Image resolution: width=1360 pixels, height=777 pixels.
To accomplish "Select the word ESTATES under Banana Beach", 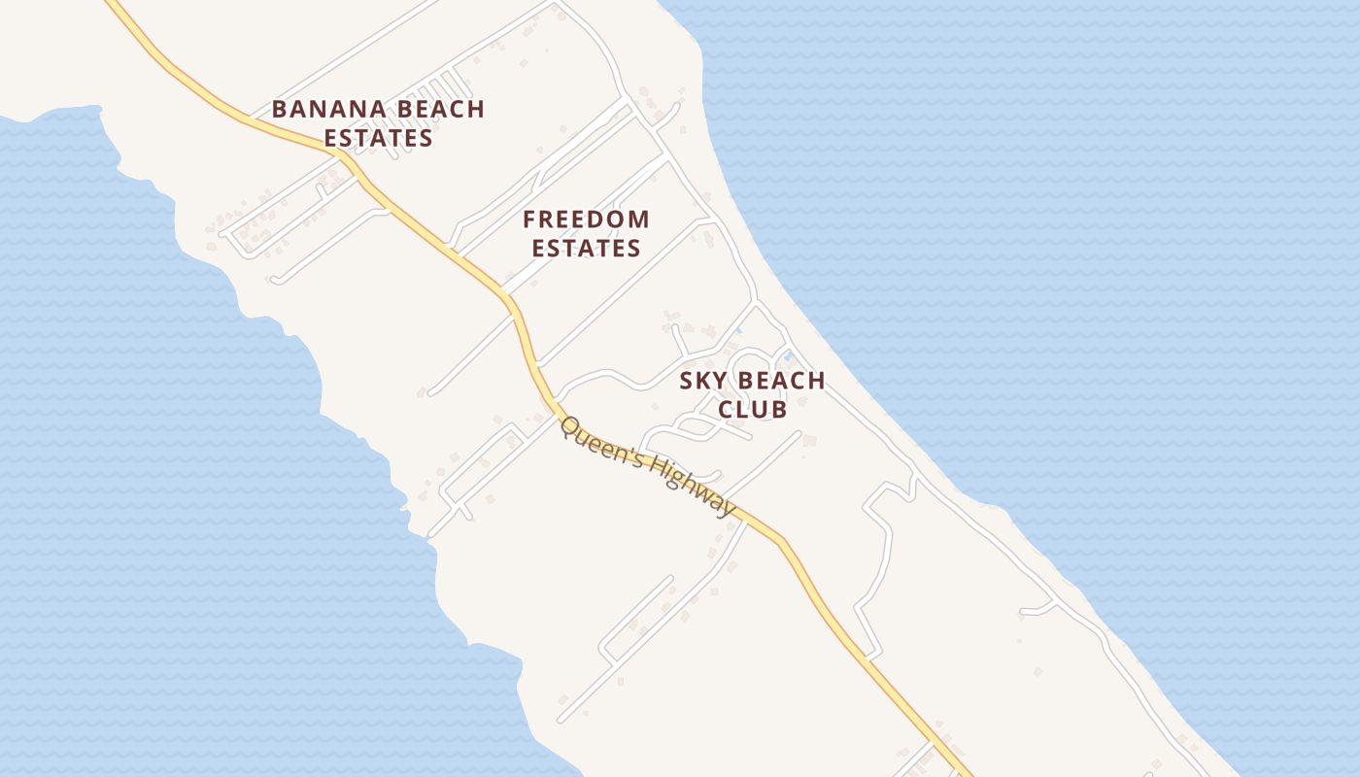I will click(x=378, y=138).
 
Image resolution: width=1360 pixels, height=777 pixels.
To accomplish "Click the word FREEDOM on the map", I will click(x=586, y=220).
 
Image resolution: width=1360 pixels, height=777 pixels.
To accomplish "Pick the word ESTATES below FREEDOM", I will click(x=586, y=249).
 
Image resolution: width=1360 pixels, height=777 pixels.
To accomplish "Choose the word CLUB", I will click(x=752, y=410).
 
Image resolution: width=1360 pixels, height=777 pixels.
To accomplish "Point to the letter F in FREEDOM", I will click(x=529, y=220).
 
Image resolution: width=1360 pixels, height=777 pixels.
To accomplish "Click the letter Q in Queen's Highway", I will click(x=569, y=427).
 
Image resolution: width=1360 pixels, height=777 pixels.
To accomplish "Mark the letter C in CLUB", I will click(x=726, y=410).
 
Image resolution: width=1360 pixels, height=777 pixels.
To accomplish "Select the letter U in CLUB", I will click(x=762, y=410).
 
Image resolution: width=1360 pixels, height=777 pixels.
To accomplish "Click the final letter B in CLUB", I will click(x=779, y=410).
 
